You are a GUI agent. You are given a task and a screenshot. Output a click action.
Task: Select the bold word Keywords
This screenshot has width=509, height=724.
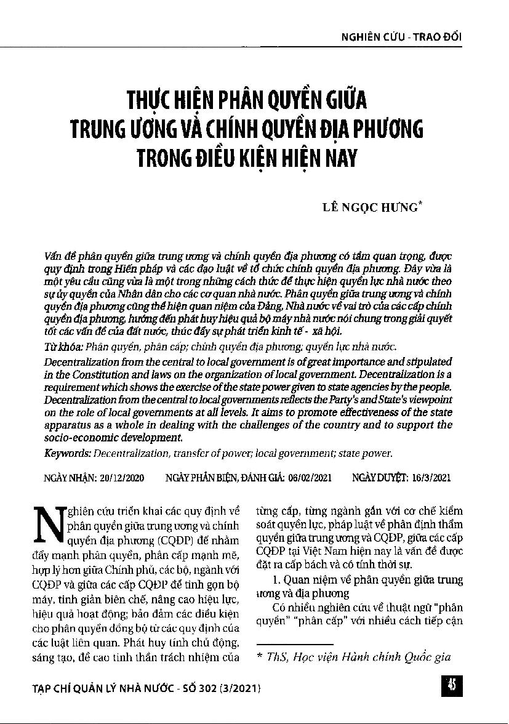68,454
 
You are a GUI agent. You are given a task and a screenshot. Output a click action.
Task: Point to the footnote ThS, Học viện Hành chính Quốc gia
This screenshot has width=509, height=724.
358,657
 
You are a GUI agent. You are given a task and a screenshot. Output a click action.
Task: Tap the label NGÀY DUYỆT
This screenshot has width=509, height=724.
376,477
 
